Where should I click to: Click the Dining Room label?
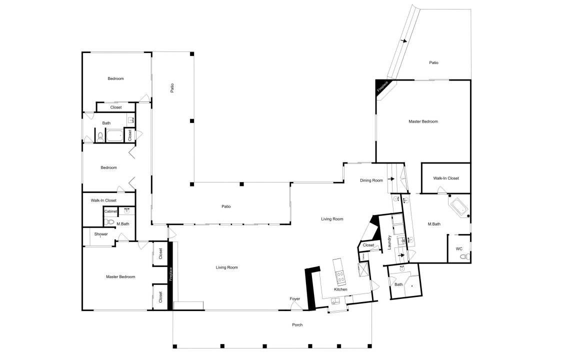click(x=371, y=180)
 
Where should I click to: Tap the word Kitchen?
click(x=340, y=289)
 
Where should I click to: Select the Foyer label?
click(x=294, y=299)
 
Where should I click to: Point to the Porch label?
click(x=297, y=324)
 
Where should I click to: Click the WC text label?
click(x=459, y=249)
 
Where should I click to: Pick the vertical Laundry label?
click(x=389, y=242)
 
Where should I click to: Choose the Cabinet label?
click(x=110, y=211)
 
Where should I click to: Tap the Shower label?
click(x=101, y=234)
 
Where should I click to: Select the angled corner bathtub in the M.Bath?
click(x=458, y=206)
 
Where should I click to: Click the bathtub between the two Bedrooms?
click(x=114, y=136)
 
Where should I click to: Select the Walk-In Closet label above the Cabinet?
click(x=103, y=200)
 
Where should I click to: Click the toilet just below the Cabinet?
click(x=109, y=221)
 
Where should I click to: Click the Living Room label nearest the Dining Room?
click(x=332, y=219)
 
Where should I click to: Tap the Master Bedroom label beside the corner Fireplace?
click(x=423, y=121)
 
